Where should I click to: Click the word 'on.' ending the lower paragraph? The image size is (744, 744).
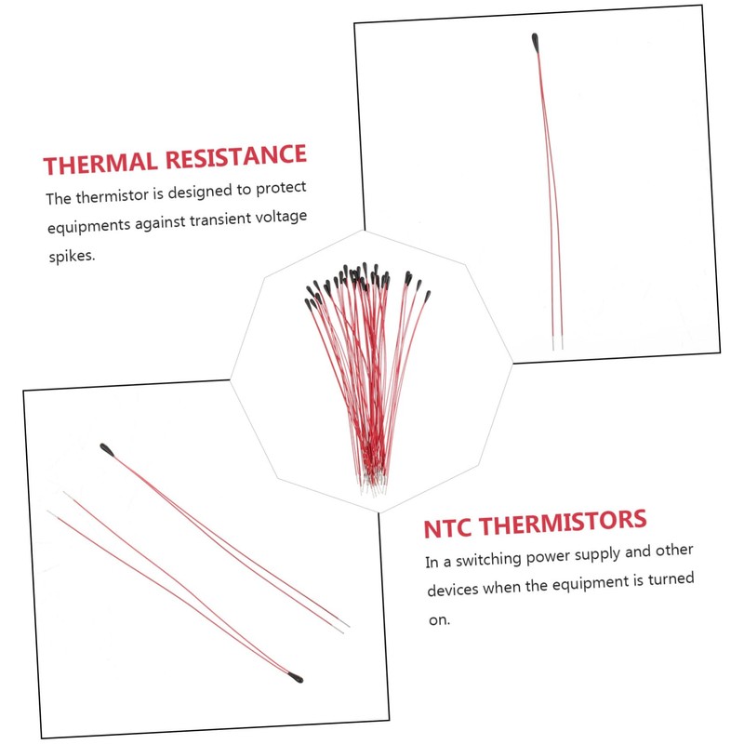(437, 619)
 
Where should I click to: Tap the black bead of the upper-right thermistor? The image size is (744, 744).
(538, 41)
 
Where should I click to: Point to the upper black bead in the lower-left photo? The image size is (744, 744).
(111, 451)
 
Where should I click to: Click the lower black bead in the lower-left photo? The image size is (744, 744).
(294, 677)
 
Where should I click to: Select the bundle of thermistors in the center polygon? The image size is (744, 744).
(367, 372)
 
